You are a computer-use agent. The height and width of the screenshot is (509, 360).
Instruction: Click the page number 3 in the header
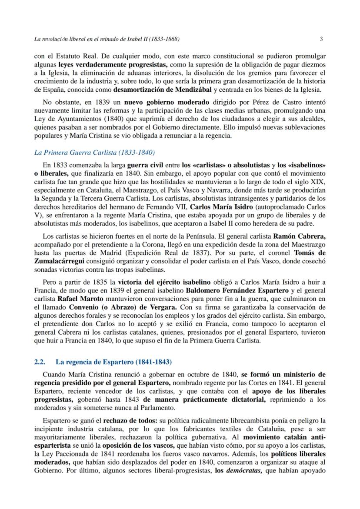[321, 39]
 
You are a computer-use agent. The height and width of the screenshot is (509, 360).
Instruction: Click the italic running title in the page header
[107, 39]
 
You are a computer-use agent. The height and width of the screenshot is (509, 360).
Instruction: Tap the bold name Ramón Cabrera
[299, 236]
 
